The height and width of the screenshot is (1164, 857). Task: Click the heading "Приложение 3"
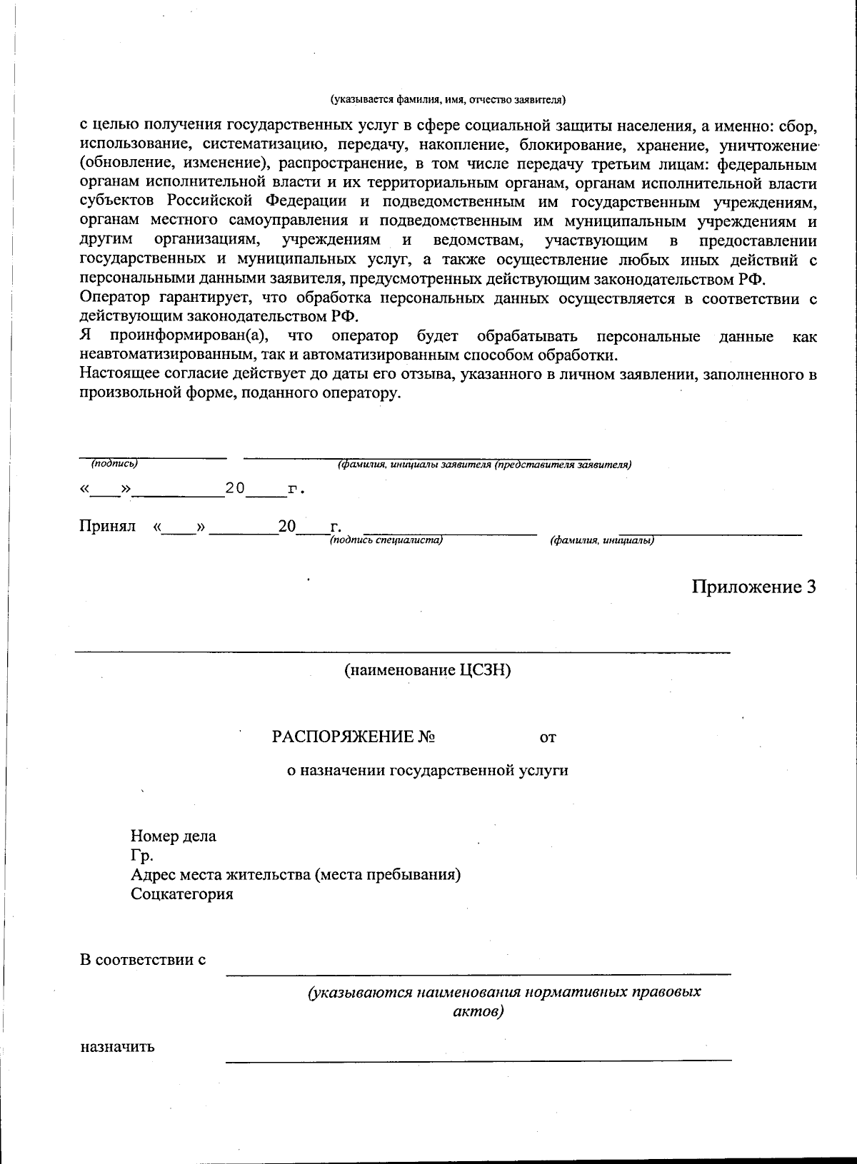[x=753, y=587]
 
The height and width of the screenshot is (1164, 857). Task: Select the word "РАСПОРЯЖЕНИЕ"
[x=344, y=737]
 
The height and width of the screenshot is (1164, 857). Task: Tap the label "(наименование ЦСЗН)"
[x=428, y=671]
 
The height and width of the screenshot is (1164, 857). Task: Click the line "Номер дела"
[x=173, y=836]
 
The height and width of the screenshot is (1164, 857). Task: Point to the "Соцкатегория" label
[x=181, y=894]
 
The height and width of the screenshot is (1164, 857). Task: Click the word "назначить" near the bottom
[x=116, y=1047]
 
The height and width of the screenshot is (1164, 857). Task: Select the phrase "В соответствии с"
[x=142, y=959]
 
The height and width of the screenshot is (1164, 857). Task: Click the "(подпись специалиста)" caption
[x=386, y=540]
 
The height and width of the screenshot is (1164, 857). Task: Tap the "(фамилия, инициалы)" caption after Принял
[x=601, y=540]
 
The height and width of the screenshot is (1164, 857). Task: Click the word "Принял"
[x=107, y=526]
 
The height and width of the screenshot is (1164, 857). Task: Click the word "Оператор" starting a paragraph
[x=114, y=298]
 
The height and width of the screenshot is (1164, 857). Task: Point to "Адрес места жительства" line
[x=294, y=874]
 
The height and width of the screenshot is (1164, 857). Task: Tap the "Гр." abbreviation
[x=141, y=855]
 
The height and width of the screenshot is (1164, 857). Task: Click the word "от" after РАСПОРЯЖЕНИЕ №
[x=547, y=737]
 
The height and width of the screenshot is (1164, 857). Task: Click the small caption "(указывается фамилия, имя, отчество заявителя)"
[x=447, y=99]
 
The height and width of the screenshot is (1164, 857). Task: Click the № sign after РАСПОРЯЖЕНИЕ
[x=427, y=737]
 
